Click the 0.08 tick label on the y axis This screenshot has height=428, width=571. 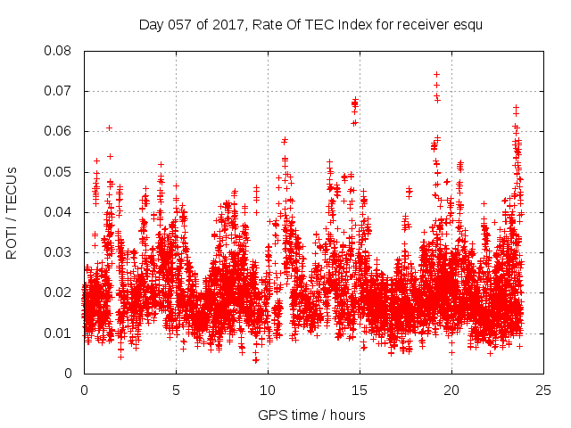coord(59,51)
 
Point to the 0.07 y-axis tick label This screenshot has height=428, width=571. coord(59,91)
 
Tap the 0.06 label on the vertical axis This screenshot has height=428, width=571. coord(59,131)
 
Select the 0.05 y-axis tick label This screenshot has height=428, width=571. coord(59,171)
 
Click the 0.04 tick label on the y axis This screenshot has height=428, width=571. coord(59,212)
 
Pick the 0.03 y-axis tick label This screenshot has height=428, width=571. coord(59,252)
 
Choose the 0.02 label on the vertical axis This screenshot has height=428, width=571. coord(59,292)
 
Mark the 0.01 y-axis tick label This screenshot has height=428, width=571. coord(59,333)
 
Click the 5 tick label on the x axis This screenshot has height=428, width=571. coord(176,390)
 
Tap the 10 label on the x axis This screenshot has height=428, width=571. coord(268,390)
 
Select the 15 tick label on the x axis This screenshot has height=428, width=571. coord(360,390)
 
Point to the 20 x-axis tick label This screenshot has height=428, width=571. coord(451,390)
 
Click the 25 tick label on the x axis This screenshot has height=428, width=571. coord(543,390)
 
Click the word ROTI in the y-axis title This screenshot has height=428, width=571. coord(12,241)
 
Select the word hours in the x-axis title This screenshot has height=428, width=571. coord(346,415)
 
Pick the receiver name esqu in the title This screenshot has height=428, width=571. coord(467,24)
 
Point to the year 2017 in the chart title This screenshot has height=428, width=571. coord(228,24)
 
